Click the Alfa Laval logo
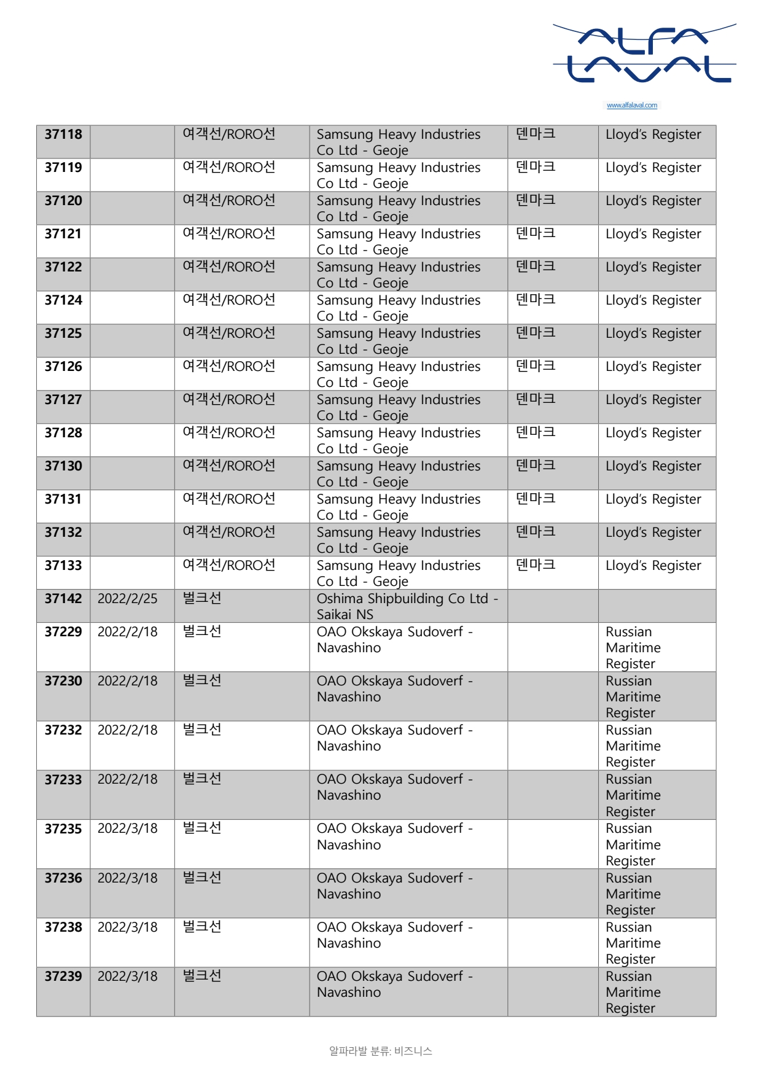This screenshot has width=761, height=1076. [644, 54]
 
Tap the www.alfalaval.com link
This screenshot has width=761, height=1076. [631, 106]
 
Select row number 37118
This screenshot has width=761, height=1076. [63, 134]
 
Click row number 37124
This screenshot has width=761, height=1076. [63, 300]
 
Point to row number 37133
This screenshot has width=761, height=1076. [63, 566]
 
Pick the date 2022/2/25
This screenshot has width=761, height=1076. [128, 599]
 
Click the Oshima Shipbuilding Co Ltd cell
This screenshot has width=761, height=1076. [407, 606]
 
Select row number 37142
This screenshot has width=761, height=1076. [63, 599]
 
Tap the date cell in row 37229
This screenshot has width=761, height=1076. [128, 632]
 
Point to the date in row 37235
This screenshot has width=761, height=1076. [128, 828]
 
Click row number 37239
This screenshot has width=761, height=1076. [63, 977]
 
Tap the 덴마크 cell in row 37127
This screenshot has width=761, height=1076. [536, 399]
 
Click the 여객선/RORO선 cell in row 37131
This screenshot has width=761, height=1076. [229, 499]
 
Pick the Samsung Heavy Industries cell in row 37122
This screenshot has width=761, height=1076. [398, 275]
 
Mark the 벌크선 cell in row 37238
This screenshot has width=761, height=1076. [202, 927]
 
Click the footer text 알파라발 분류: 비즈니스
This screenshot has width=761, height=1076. [380, 1051]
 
